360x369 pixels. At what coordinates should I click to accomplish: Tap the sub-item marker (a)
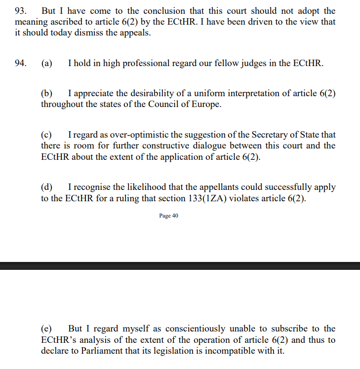pyautogui.click(x=46, y=63)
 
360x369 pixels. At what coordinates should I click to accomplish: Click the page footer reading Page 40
pyautogui.click(x=169, y=216)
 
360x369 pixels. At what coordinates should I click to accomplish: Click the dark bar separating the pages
pyautogui.click(x=180, y=266)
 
